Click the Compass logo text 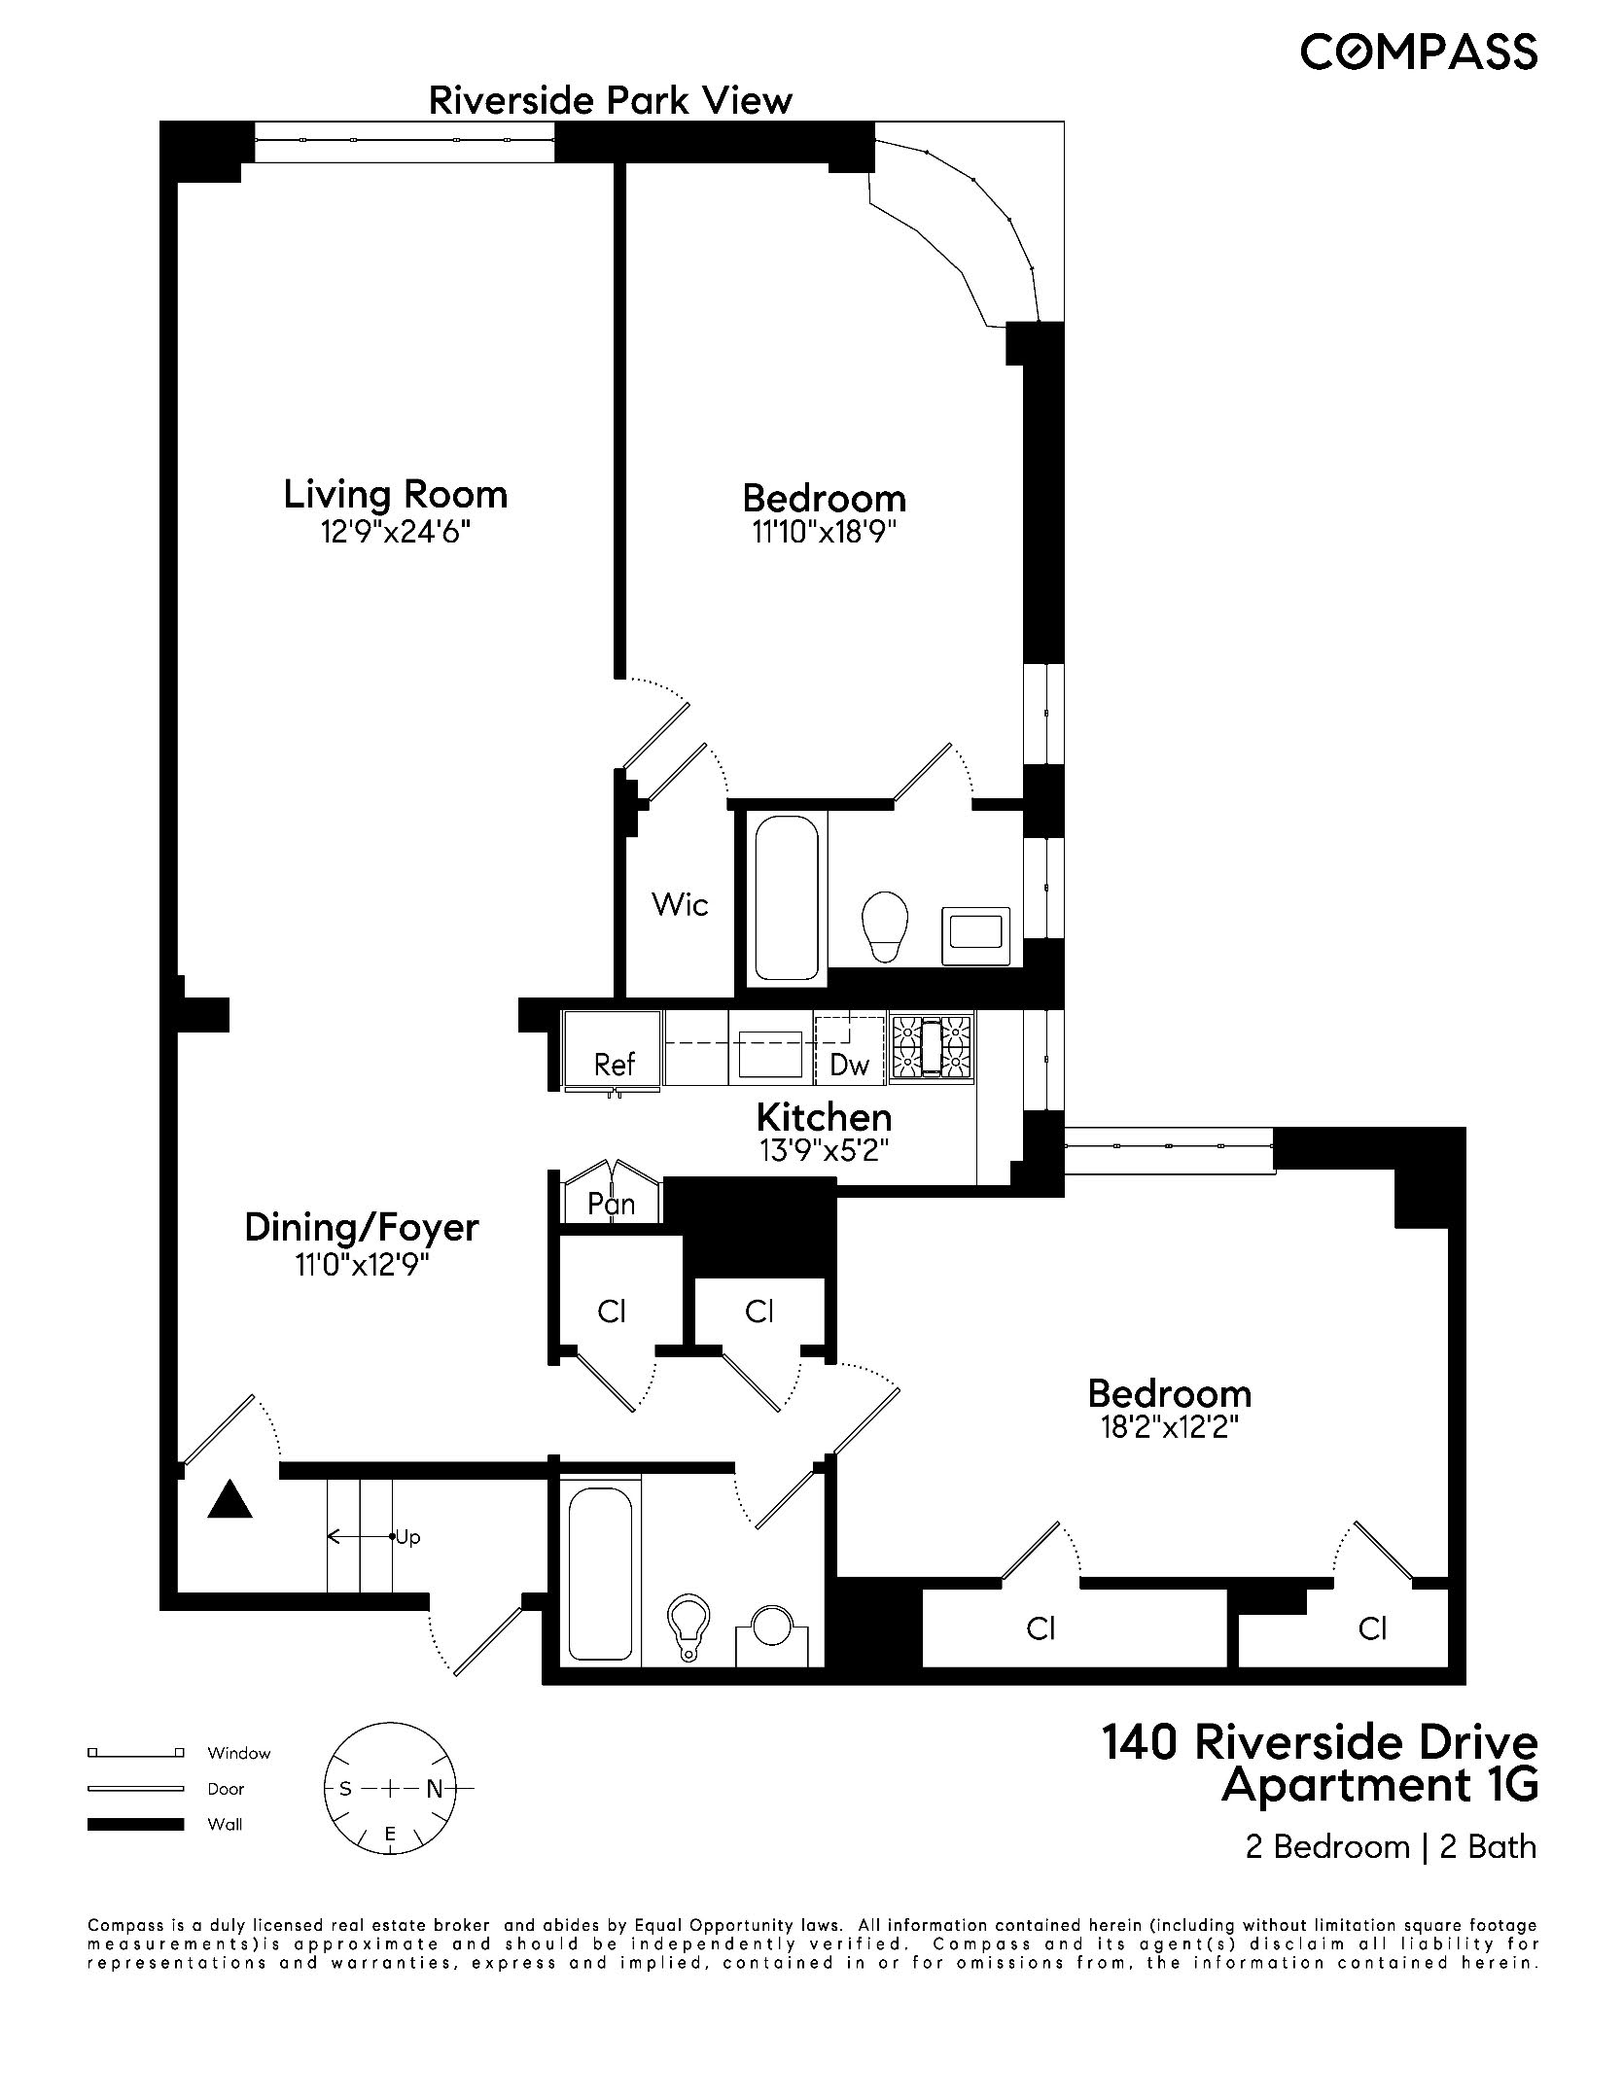(x=1419, y=52)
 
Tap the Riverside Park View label (x=611, y=100)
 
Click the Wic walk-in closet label (x=680, y=905)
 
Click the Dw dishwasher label (x=849, y=1066)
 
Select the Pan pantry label (x=612, y=1205)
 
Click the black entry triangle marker (x=230, y=1500)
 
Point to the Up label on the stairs (x=407, y=1538)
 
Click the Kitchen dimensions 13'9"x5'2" (x=824, y=1151)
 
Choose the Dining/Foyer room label (x=362, y=1228)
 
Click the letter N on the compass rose (x=435, y=1788)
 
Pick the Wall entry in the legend (x=225, y=1825)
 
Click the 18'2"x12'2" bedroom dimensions (x=1169, y=1428)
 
